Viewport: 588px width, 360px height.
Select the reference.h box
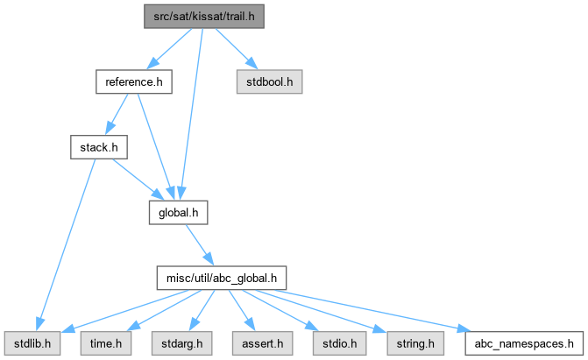click(x=133, y=82)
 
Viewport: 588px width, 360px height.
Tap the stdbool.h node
click(x=269, y=82)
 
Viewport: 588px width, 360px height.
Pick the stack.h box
click(x=98, y=147)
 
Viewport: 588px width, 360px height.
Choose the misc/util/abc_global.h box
click(x=221, y=279)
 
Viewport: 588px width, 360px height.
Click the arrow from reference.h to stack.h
click(x=118, y=112)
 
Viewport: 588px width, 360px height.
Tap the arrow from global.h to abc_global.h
click(x=198, y=244)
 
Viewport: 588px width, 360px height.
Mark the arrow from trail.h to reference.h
click(x=170, y=48)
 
